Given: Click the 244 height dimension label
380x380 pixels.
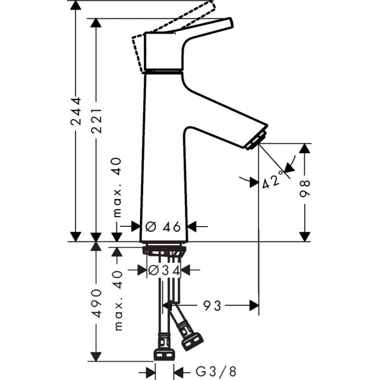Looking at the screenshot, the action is click(x=76, y=111).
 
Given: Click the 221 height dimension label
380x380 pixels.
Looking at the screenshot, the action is click(x=96, y=121).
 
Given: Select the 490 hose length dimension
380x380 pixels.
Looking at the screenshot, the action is click(x=97, y=303).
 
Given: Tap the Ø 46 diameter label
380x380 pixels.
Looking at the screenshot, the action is click(x=163, y=227).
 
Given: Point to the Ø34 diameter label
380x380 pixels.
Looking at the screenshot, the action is click(x=164, y=270).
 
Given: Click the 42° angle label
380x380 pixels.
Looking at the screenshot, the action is click(x=272, y=180).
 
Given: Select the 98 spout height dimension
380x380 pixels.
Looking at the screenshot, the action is click(x=305, y=189).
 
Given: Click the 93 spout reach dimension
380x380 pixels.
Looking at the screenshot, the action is click(x=212, y=306).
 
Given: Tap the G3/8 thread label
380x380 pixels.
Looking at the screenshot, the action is click(x=216, y=372).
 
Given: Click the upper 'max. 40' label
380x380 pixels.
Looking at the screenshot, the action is click(x=117, y=187).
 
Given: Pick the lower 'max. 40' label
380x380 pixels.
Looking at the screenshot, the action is click(x=118, y=300).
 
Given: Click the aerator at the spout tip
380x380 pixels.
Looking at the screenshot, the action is click(x=256, y=141).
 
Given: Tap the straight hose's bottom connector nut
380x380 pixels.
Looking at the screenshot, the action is click(x=164, y=355).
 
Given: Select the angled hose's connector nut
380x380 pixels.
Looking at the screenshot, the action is click(x=193, y=342).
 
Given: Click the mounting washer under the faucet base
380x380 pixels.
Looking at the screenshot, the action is click(x=164, y=250).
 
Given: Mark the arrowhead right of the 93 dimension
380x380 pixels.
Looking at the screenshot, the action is click(x=254, y=306).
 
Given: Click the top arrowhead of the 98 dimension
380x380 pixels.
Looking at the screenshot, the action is click(x=305, y=148).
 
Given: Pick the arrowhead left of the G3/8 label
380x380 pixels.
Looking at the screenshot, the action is click(x=150, y=372).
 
